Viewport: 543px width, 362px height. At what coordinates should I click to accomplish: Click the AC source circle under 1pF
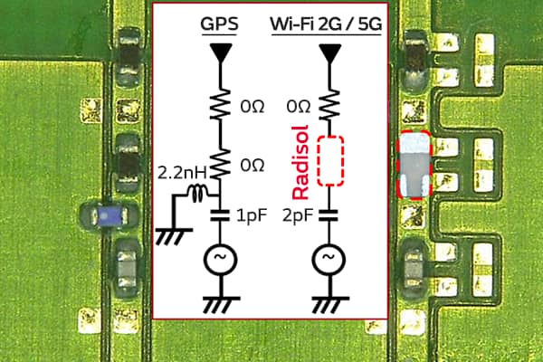click(x=219, y=260)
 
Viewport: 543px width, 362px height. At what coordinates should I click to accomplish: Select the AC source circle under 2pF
click(x=327, y=260)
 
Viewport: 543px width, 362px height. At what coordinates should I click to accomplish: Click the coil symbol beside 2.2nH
click(x=198, y=192)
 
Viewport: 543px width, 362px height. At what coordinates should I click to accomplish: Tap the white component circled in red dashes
click(x=415, y=166)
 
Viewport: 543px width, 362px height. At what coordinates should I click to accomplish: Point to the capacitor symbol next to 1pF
click(x=219, y=216)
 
